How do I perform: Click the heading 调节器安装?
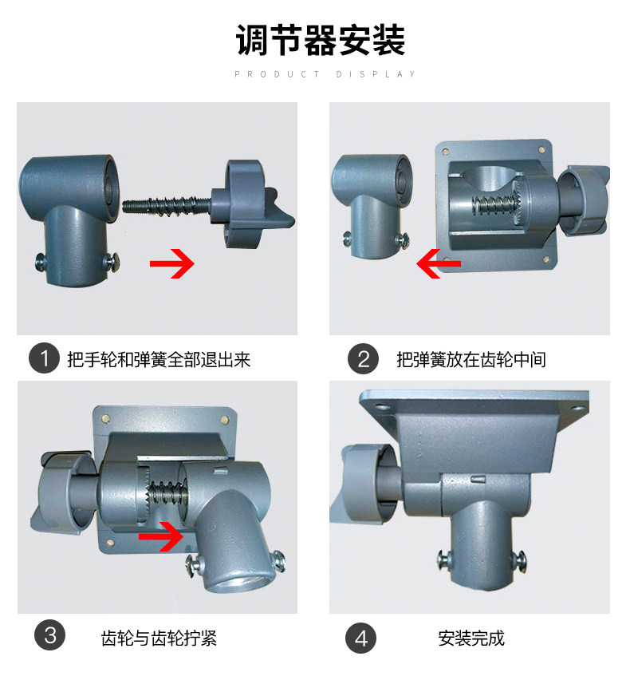(321, 41)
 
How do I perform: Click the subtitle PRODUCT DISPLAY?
(325, 74)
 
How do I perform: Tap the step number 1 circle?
(45, 359)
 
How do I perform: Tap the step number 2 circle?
(363, 359)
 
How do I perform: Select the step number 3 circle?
(50, 636)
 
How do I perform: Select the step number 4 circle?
(361, 638)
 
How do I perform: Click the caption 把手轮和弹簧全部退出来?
(159, 360)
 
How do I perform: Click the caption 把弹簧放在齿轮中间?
(471, 360)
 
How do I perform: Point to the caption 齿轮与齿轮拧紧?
(159, 638)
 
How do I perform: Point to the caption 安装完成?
(471, 638)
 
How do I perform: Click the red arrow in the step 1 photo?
(172, 263)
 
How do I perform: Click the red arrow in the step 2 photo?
(438, 263)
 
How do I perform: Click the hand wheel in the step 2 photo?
(584, 201)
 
